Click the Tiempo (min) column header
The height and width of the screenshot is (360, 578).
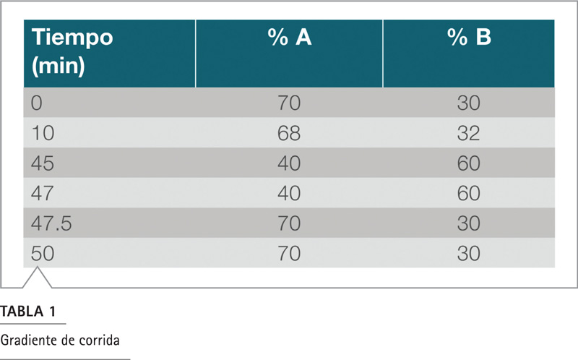click(x=72, y=51)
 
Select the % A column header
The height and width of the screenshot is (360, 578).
click(x=290, y=37)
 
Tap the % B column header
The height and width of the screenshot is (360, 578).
click(x=469, y=37)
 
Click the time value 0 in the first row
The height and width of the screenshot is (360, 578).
click(x=37, y=103)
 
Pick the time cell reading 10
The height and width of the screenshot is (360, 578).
click(x=43, y=133)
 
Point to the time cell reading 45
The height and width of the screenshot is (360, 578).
click(x=43, y=163)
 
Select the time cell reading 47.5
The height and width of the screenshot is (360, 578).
click(x=51, y=223)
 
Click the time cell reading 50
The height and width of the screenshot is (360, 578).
click(x=43, y=254)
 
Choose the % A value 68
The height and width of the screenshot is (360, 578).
click(x=289, y=133)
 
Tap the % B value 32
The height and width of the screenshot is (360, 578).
click(x=468, y=133)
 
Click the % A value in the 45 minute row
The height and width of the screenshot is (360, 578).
click(x=289, y=163)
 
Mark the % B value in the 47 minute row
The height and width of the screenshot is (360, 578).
click(x=468, y=193)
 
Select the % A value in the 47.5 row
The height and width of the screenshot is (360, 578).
click(x=289, y=223)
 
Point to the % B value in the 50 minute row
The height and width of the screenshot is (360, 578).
click(x=468, y=254)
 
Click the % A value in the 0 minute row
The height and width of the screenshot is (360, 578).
click(x=289, y=103)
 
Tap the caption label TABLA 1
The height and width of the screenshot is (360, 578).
click(x=28, y=312)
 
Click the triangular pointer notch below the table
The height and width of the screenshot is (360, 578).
click(x=37, y=278)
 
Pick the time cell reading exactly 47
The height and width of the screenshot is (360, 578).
click(x=43, y=193)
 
